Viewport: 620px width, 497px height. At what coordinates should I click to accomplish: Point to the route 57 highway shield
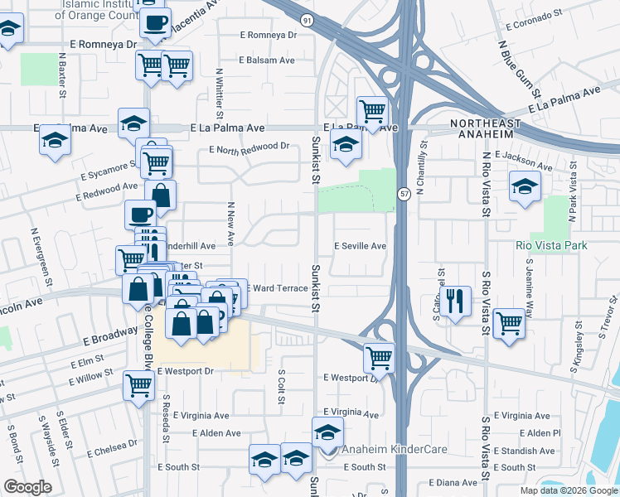(404, 194)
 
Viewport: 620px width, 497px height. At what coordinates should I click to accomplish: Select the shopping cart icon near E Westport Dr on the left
(138, 384)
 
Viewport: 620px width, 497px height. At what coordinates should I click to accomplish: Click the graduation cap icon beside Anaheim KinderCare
(328, 432)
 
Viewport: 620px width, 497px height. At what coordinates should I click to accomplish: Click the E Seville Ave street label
(360, 246)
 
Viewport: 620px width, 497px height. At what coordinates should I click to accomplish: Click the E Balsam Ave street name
(267, 60)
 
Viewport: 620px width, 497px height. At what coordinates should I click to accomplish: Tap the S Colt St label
(282, 388)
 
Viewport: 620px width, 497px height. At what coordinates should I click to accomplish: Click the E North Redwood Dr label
(249, 147)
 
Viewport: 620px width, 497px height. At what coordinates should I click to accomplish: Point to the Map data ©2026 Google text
(569, 490)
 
